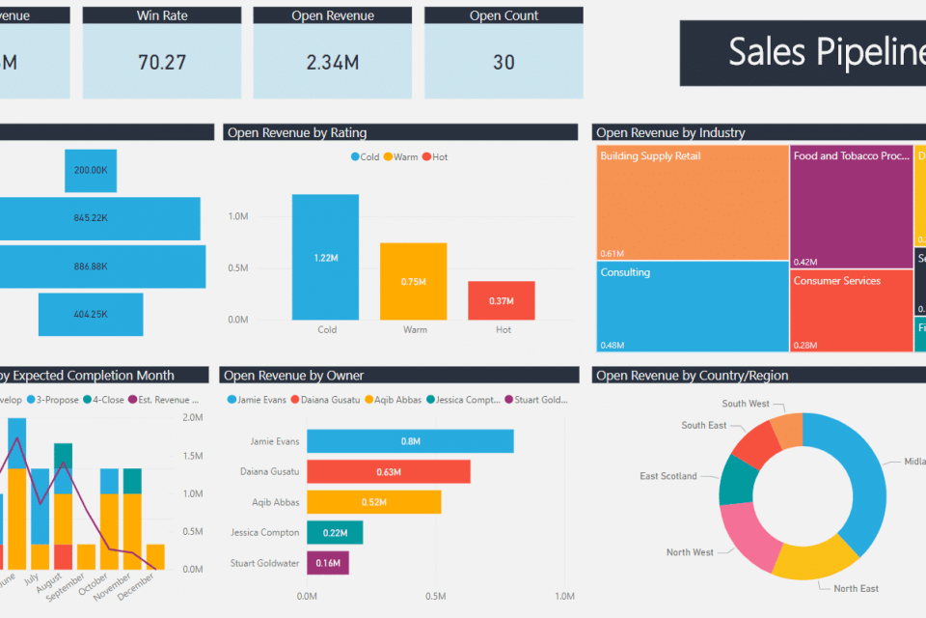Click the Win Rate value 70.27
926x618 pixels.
tap(161, 63)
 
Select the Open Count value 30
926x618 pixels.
tap(504, 63)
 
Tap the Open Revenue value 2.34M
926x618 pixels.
tap(333, 63)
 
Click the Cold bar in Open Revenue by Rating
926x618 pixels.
tap(325, 257)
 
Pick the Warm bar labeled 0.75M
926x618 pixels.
tap(413, 281)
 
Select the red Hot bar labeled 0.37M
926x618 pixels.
tap(501, 300)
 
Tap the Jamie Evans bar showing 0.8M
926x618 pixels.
tap(410, 441)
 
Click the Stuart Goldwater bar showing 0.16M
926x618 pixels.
tap(328, 563)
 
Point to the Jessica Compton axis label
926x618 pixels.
tap(264, 532)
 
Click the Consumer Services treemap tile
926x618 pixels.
tap(851, 310)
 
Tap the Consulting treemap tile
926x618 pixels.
tap(693, 307)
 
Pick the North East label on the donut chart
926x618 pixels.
tap(856, 588)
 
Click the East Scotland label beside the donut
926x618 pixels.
tap(667, 476)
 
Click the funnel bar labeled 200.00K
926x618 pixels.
tap(91, 170)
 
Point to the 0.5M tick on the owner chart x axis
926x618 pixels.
tap(436, 596)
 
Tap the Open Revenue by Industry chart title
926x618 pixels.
tap(670, 132)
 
